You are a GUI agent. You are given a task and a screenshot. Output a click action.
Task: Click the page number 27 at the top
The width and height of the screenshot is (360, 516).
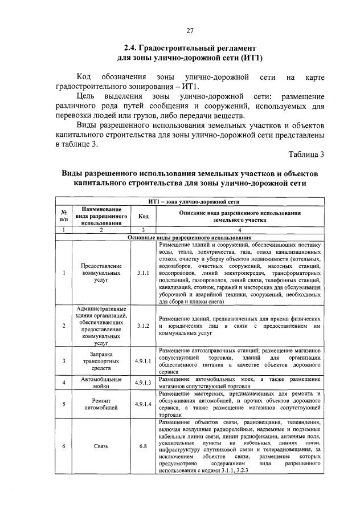pyautogui.click(x=190, y=30)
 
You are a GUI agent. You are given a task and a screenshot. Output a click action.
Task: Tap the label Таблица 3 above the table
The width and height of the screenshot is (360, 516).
pyautogui.click(x=306, y=155)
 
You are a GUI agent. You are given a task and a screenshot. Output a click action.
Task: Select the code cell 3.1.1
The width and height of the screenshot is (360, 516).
pyautogui.click(x=143, y=273)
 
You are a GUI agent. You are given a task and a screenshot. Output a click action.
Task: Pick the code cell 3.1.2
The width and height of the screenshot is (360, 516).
pyautogui.click(x=143, y=326)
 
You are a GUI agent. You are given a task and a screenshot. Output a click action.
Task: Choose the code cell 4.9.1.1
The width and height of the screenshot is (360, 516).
pyautogui.click(x=143, y=361)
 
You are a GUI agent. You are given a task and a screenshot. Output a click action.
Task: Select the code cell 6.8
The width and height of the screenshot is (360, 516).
pyautogui.click(x=143, y=446)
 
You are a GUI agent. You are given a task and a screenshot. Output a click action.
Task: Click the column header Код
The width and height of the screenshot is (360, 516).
pyautogui.click(x=143, y=216)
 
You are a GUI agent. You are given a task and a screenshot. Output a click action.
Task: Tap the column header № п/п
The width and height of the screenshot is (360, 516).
pyautogui.click(x=64, y=216)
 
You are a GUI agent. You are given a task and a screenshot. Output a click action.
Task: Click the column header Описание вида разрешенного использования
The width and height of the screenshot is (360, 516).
pyautogui.click(x=240, y=216)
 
